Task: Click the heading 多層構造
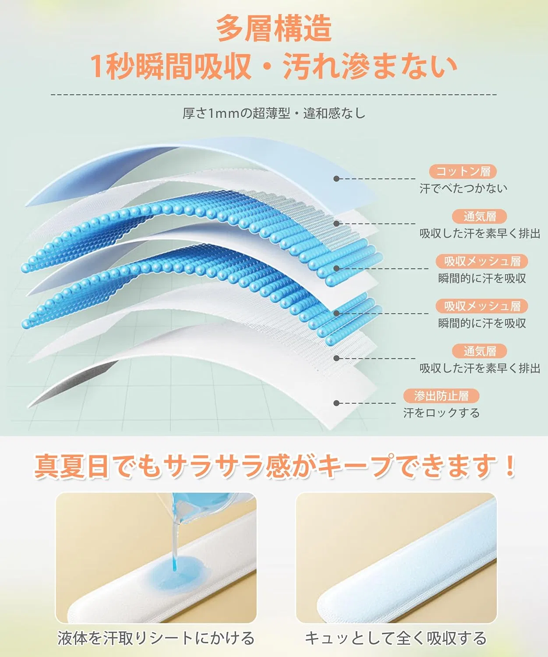tap(274, 29)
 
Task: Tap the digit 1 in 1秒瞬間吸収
tap(97, 67)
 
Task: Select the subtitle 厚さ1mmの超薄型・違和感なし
tap(274, 113)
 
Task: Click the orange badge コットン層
tap(463, 172)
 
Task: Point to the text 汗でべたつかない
tap(463, 188)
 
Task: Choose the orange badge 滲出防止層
tap(441, 396)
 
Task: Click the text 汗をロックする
tap(441, 413)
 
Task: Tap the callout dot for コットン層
tap(336, 179)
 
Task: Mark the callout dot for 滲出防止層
tap(336, 403)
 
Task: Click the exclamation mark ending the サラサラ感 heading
tap(509, 465)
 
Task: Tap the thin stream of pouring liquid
tap(176, 547)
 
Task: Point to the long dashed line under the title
tap(273, 95)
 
